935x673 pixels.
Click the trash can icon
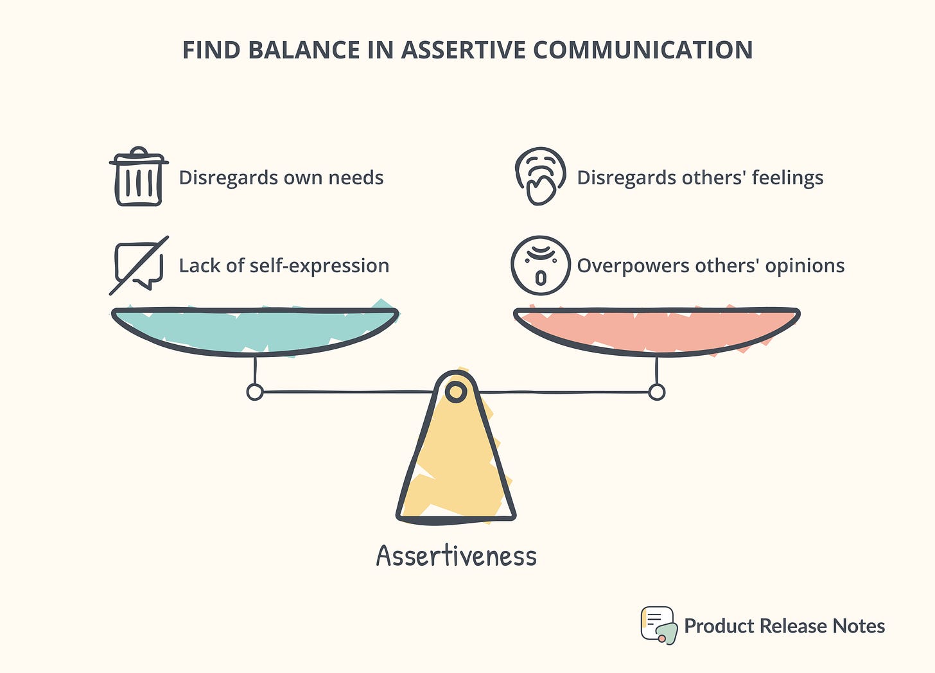click(138, 177)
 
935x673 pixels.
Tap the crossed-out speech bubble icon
click(139, 265)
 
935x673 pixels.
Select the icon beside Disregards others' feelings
click(540, 177)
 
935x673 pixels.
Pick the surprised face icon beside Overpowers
click(540, 265)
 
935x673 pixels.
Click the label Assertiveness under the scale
click(456, 556)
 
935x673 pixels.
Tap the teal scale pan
click(255, 329)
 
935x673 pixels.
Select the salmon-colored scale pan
click(656, 329)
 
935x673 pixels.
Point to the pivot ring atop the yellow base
click(456, 391)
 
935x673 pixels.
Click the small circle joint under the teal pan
click(255, 392)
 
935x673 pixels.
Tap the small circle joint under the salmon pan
click(656, 392)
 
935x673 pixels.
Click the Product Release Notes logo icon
click(658, 625)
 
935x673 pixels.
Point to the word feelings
click(787, 178)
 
